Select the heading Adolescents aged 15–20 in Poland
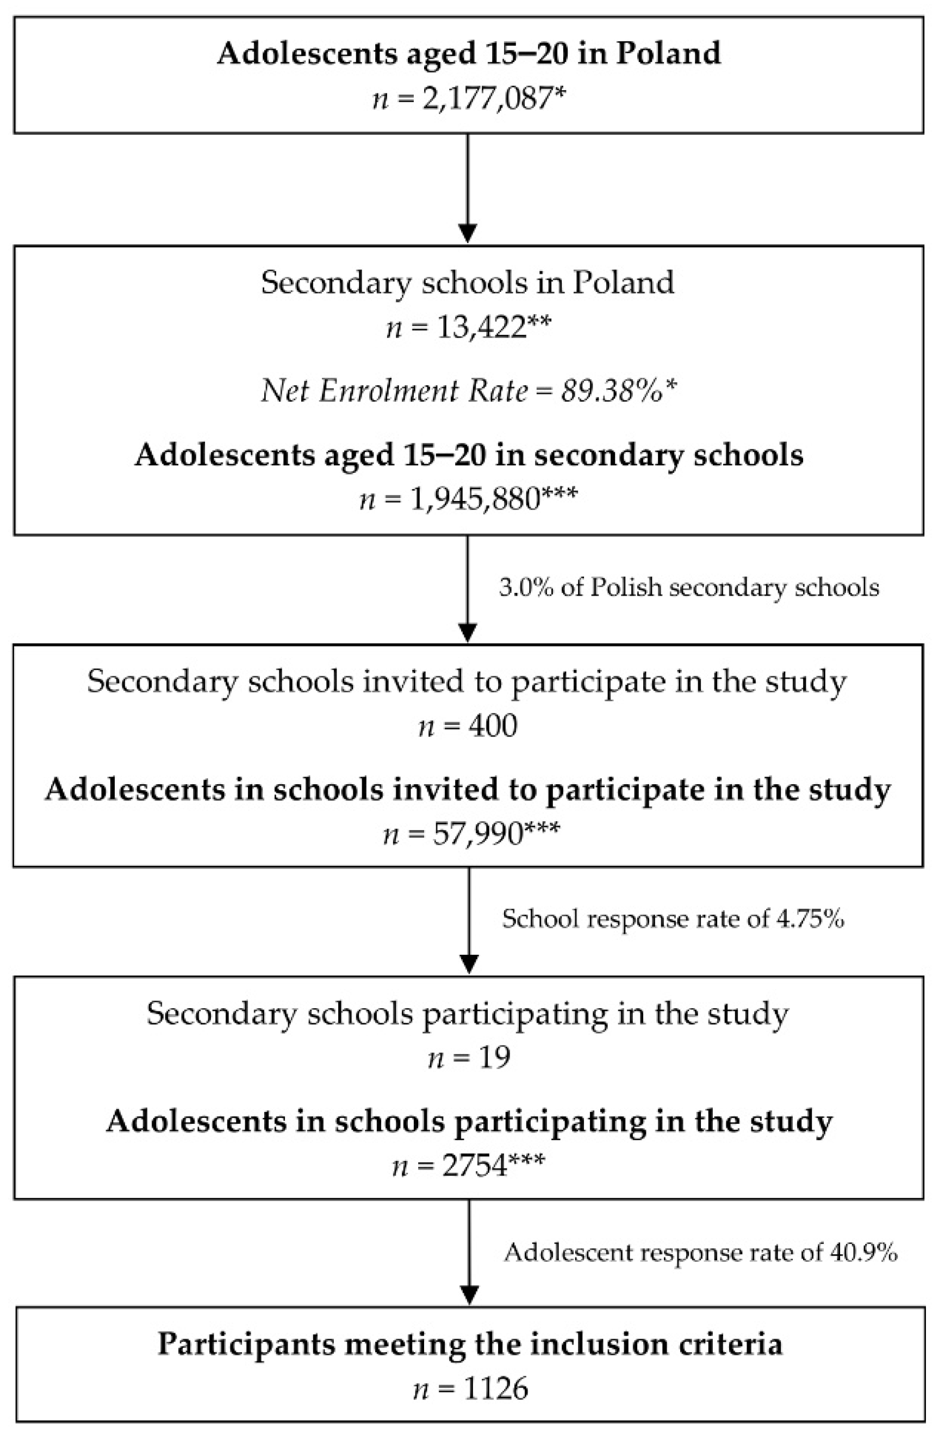[x=469, y=53]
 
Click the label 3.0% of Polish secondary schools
[x=689, y=587]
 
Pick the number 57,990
[x=477, y=834]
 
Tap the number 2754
[x=475, y=1166]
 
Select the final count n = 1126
[x=470, y=1389]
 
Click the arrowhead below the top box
[x=468, y=233]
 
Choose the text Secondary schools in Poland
[x=468, y=283]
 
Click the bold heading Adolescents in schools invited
[x=468, y=790]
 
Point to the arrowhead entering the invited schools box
[x=468, y=632]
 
